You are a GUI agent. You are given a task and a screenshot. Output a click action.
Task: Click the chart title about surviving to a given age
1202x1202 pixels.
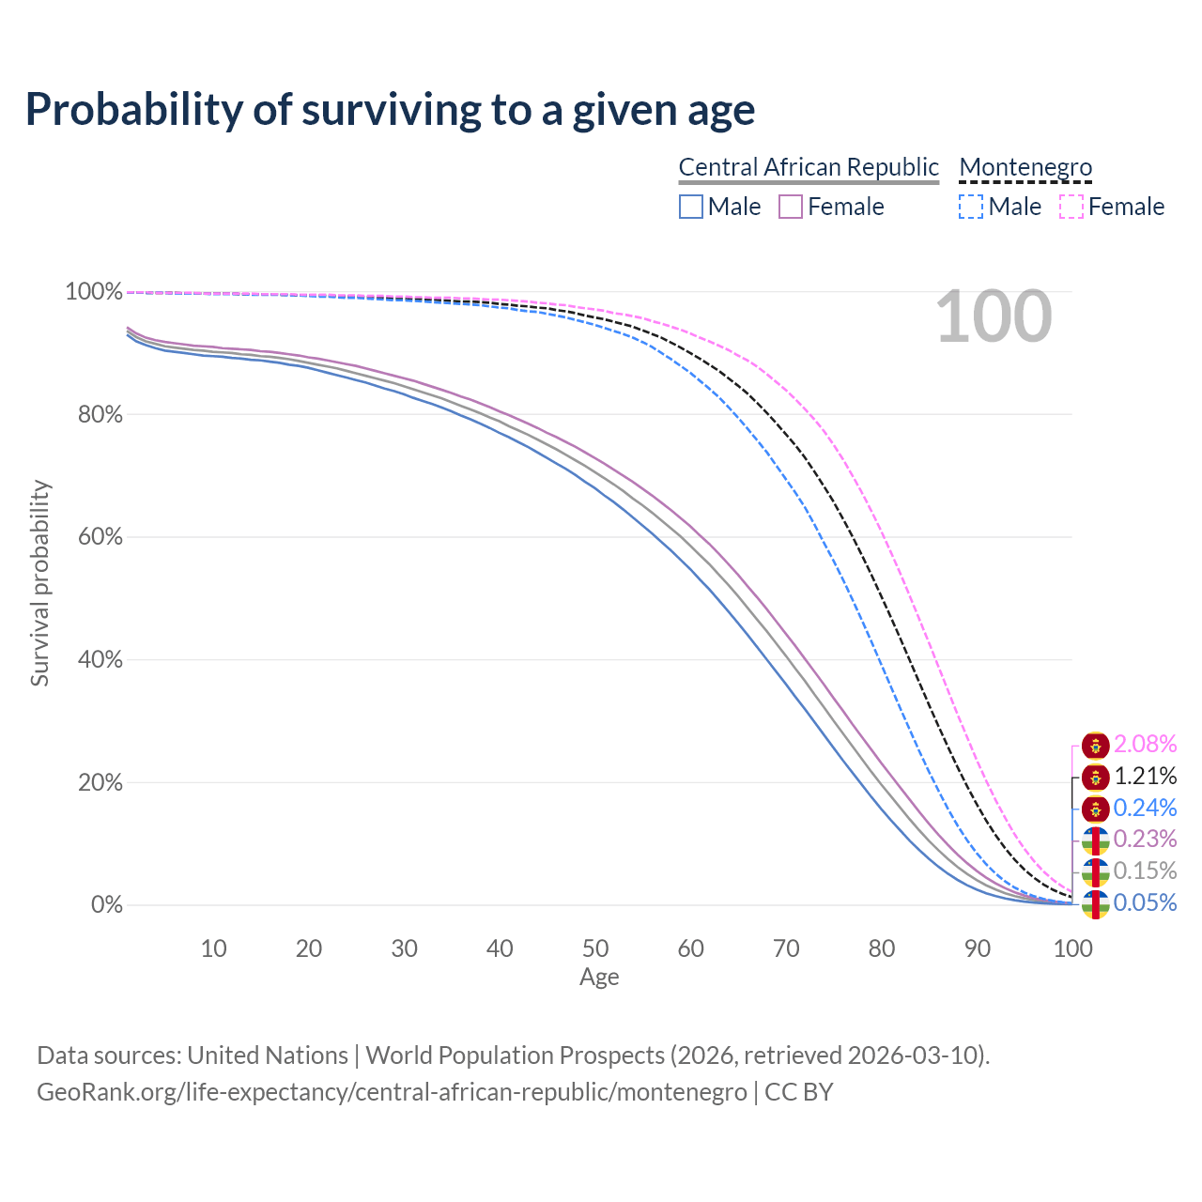point(390,109)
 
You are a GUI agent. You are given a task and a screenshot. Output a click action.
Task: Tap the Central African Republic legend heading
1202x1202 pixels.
point(809,167)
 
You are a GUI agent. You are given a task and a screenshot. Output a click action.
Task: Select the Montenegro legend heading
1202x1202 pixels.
point(1025,167)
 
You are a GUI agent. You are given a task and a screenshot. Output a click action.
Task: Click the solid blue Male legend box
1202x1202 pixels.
point(691,207)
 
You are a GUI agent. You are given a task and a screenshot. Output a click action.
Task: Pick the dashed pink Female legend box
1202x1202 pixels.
point(1071,207)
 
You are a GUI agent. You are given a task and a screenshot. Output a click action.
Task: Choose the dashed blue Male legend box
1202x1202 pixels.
point(971,207)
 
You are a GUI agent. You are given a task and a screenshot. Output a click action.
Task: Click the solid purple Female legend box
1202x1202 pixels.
point(791,207)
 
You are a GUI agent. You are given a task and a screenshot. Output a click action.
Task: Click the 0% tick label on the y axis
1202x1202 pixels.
point(106,905)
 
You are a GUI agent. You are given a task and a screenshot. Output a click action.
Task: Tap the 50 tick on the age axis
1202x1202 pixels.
point(595,948)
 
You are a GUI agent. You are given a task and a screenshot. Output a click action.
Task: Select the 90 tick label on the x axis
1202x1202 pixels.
point(978,948)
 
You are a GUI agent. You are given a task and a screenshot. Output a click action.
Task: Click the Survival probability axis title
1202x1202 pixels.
point(39,583)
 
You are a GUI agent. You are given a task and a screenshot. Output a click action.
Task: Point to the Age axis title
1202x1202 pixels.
point(599,978)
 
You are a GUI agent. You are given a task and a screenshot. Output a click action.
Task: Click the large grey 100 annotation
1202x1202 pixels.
point(994,317)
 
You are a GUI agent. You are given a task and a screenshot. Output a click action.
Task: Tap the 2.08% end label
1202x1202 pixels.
point(1145,745)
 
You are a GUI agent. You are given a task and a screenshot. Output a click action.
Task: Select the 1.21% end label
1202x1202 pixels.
point(1145,777)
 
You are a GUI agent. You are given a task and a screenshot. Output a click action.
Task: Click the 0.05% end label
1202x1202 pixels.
point(1145,903)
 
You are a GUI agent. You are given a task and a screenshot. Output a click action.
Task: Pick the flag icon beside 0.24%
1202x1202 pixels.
point(1095,809)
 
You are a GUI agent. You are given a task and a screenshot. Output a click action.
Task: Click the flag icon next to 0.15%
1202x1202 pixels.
point(1095,871)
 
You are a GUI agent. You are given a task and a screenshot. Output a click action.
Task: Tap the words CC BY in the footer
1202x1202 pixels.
point(798,1092)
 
